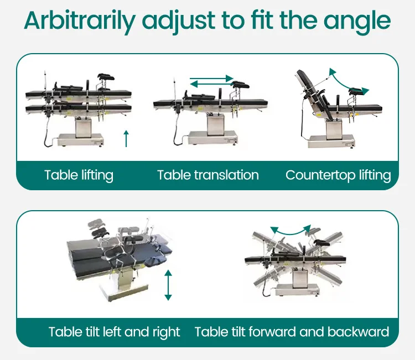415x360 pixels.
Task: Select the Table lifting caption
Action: [x=79, y=175]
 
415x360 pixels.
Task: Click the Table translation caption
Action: [x=207, y=175]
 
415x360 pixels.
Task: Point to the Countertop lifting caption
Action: [x=338, y=175]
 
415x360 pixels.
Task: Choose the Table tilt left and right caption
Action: [x=114, y=332]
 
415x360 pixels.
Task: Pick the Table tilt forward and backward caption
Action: [x=292, y=332]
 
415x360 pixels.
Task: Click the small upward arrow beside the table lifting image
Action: [x=126, y=138]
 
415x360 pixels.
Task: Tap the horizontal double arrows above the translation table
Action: [x=211, y=82]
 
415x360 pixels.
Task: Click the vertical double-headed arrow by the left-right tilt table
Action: [x=168, y=285]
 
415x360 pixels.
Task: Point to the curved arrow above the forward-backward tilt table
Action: [x=290, y=229]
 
